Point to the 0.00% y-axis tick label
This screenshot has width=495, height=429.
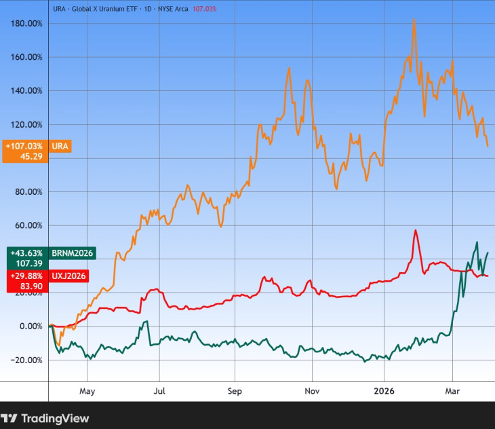coord(30,327)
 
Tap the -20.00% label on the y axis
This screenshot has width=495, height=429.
coord(26,360)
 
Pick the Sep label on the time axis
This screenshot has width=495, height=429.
coord(234,391)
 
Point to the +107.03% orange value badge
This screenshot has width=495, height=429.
coord(24,146)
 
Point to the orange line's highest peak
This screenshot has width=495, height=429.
coord(414,20)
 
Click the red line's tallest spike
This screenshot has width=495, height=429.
coord(415,231)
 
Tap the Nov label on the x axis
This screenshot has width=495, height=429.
coord(312,391)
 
